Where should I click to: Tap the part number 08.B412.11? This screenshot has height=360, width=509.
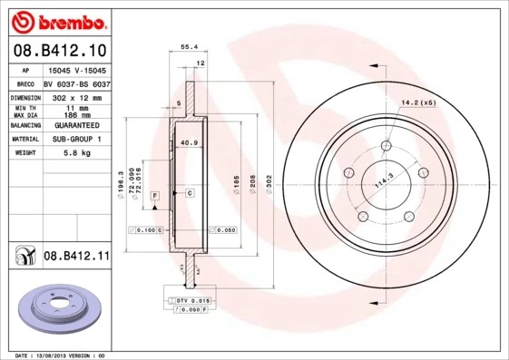pyautogui.click(x=76, y=257)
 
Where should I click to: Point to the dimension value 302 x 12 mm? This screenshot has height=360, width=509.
pyautogui.click(x=76, y=95)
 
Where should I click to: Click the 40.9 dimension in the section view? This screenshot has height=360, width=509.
pyautogui.click(x=189, y=143)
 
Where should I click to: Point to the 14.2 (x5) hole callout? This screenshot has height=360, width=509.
pyautogui.click(x=418, y=102)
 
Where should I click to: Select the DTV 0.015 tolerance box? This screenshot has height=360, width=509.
pyautogui.click(x=191, y=298)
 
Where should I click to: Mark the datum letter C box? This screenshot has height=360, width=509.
pyautogui.click(x=190, y=193)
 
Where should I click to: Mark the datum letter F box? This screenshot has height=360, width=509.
pyautogui.click(x=155, y=195)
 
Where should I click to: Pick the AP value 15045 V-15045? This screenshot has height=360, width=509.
pyautogui.click(x=76, y=70)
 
